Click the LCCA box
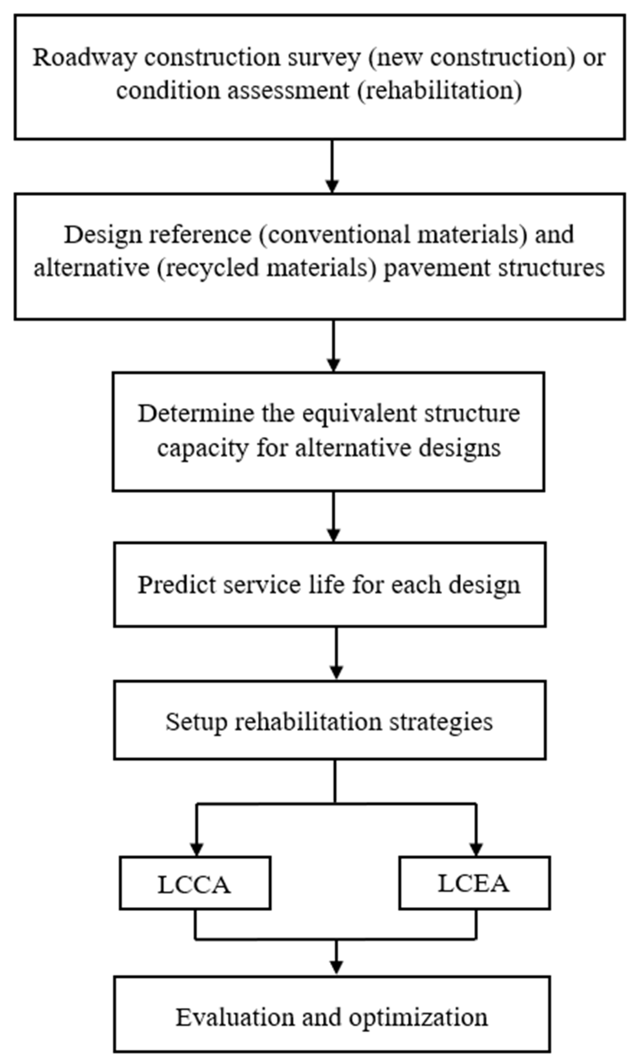click(195, 883)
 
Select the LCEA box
click(474, 883)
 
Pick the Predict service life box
click(330, 584)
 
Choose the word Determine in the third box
click(195, 414)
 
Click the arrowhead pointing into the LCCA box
click(196, 850)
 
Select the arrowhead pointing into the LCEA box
click(476, 850)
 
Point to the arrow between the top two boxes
click(332, 166)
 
